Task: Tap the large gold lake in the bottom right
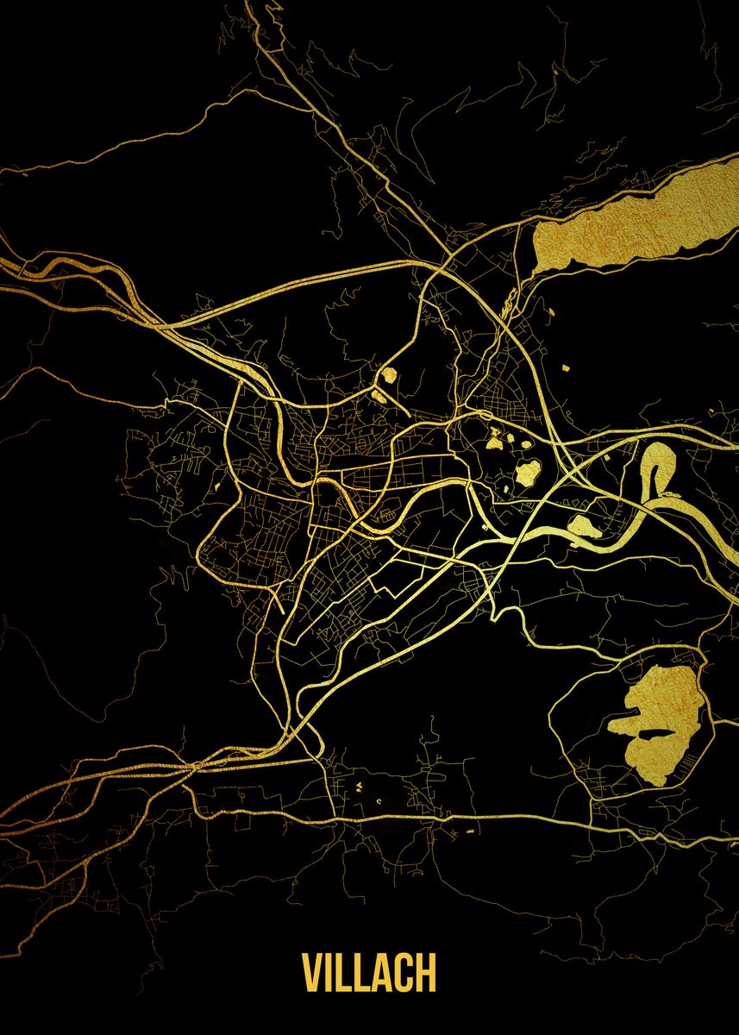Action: pyautogui.click(x=668, y=703)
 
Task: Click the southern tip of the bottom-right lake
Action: pyautogui.click(x=657, y=776)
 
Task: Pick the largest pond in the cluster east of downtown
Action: pyautogui.click(x=528, y=470)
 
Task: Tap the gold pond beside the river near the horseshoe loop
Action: pyautogui.click(x=585, y=526)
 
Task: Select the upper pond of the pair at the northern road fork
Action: pyautogui.click(x=388, y=375)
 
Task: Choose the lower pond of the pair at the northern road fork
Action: pyautogui.click(x=379, y=397)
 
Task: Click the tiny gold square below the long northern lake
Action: pyautogui.click(x=567, y=368)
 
